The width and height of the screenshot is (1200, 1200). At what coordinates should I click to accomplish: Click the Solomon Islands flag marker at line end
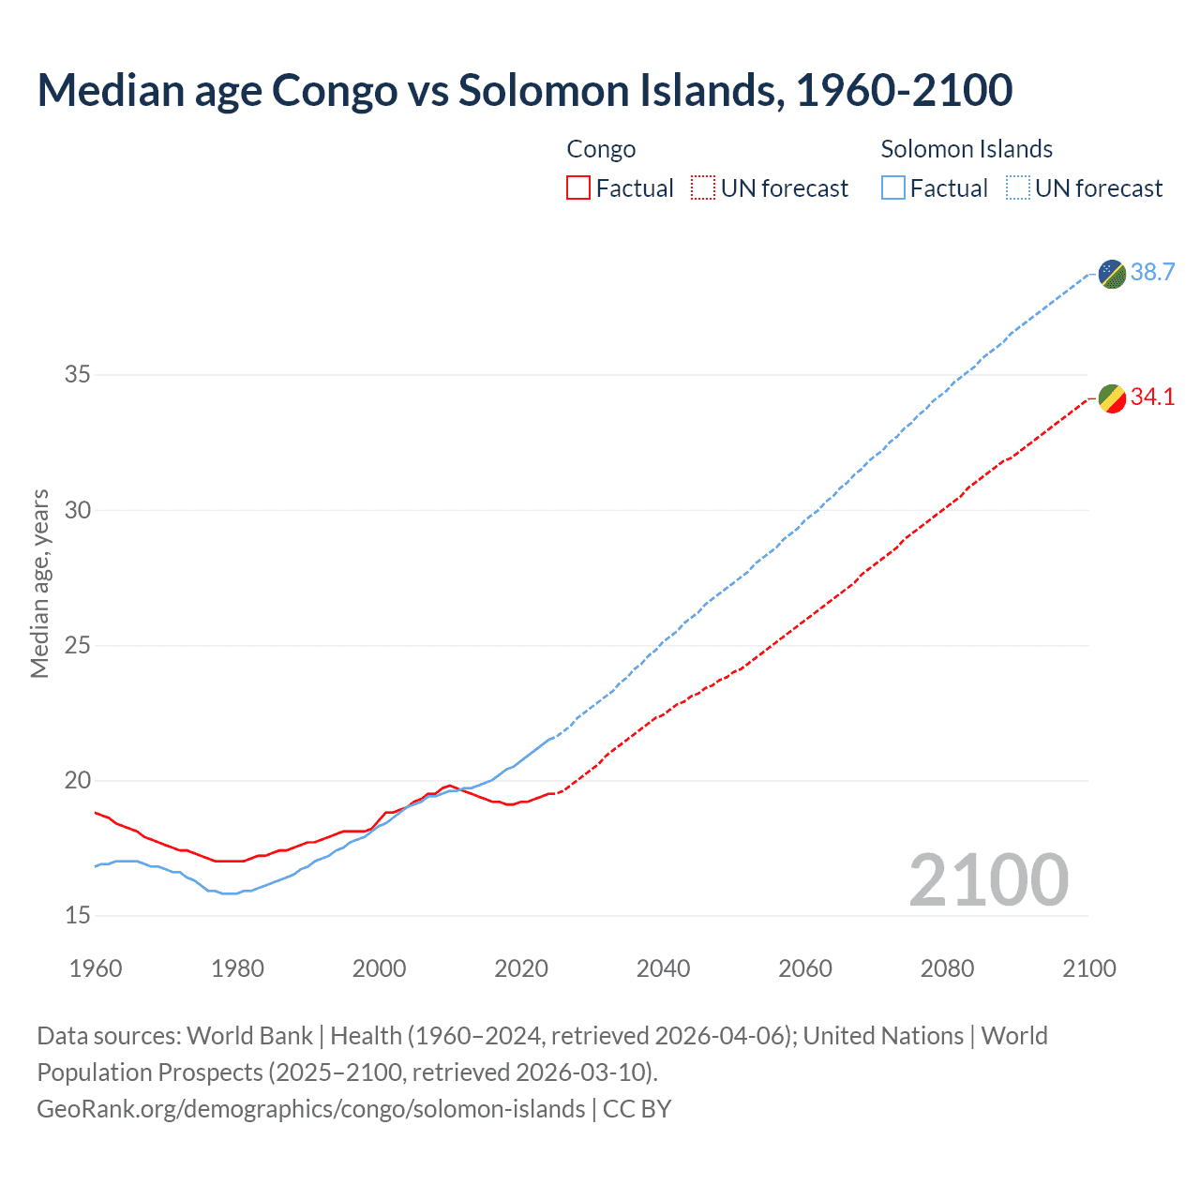(x=1112, y=274)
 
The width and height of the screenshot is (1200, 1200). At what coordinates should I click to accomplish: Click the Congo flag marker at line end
(x=1112, y=398)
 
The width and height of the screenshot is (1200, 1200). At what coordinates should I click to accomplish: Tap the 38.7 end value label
(x=1152, y=273)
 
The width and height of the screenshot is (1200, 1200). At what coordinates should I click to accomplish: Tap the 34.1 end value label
(x=1152, y=397)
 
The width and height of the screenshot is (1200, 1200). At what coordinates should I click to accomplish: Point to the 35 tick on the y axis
(x=78, y=375)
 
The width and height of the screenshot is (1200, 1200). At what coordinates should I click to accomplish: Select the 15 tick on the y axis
(x=78, y=916)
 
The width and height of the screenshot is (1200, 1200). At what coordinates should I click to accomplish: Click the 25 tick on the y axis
(x=78, y=646)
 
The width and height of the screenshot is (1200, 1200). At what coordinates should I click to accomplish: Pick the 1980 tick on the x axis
(x=237, y=968)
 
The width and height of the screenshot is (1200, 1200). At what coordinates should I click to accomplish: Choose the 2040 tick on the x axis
(x=663, y=968)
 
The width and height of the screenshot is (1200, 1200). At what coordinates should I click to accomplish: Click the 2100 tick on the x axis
(x=1088, y=968)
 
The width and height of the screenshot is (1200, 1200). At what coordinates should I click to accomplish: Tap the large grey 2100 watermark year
(x=988, y=880)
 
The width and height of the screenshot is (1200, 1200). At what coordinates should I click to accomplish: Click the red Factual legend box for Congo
(x=578, y=188)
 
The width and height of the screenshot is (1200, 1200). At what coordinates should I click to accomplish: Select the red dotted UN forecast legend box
(x=703, y=188)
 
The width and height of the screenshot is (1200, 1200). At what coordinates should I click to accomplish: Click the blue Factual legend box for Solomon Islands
(x=893, y=188)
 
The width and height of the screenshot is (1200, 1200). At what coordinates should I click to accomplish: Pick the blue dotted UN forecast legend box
(x=1018, y=188)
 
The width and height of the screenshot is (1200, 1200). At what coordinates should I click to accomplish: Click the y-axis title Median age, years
(x=40, y=583)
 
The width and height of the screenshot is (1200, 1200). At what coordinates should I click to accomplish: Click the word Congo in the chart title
(x=335, y=91)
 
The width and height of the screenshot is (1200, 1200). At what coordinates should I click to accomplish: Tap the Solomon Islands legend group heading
(x=967, y=149)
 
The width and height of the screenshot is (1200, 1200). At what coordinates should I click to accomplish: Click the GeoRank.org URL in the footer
(x=310, y=1109)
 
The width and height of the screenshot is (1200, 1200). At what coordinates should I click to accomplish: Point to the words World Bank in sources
(x=249, y=1036)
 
